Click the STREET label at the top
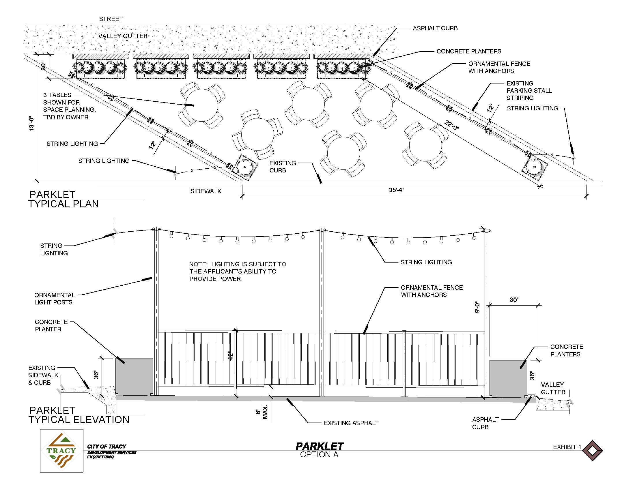pos(111,19)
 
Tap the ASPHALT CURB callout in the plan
pos(435,28)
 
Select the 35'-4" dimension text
pos(396,190)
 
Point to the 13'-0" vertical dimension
pos(31,123)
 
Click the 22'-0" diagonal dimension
pos(451,126)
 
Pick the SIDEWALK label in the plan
pos(206,191)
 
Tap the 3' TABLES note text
pos(69,106)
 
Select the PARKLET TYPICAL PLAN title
pos(63,199)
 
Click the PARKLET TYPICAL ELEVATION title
pos(79,415)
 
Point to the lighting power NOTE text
pos(238,271)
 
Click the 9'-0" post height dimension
pos(477,307)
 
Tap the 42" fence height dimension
pos(231,356)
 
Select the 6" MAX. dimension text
pos(262,412)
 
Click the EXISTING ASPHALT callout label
pos(351,423)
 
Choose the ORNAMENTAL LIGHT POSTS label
pos(54,299)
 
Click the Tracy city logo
pos(62,451)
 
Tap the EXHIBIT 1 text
pos(567,447)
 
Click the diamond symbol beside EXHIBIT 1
pos(593,451)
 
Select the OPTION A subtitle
pos(319,455)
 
